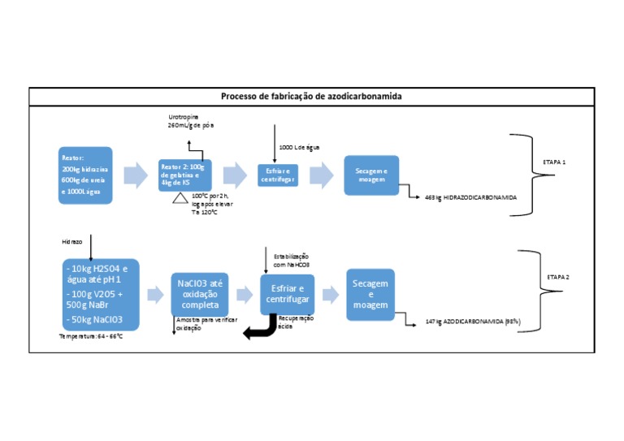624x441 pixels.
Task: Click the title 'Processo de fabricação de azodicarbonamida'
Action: click(311, 97)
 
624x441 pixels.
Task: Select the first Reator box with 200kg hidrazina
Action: click(85, 175)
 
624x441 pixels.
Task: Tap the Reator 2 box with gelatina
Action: click(184, 175)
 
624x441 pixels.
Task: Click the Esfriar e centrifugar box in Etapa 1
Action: click(277, 175)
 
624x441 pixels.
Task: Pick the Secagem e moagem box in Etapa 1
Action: click(371, 175)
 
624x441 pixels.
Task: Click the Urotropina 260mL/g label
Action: click(190, 122)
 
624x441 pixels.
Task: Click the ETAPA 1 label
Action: click(554, 162)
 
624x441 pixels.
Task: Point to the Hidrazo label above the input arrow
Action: click(72, 241)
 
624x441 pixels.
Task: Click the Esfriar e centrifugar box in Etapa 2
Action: click(286, 294)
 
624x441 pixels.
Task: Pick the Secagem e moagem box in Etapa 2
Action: click(370, 294)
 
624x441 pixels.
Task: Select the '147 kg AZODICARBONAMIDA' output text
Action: click(473, 322)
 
